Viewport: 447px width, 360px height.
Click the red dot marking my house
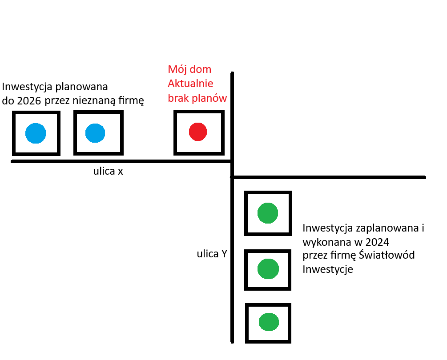198,132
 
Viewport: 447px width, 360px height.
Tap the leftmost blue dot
36,133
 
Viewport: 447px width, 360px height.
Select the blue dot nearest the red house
95,133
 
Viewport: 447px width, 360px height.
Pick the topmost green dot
268,213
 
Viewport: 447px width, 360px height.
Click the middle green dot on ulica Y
268,268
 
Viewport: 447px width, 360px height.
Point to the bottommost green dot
269,322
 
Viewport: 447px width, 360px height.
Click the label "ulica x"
108,172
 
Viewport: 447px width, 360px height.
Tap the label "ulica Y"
212,254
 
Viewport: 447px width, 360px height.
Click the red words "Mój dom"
189,70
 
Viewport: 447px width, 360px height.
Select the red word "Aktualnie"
190,84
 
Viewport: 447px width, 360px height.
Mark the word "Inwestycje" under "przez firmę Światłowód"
328,269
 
